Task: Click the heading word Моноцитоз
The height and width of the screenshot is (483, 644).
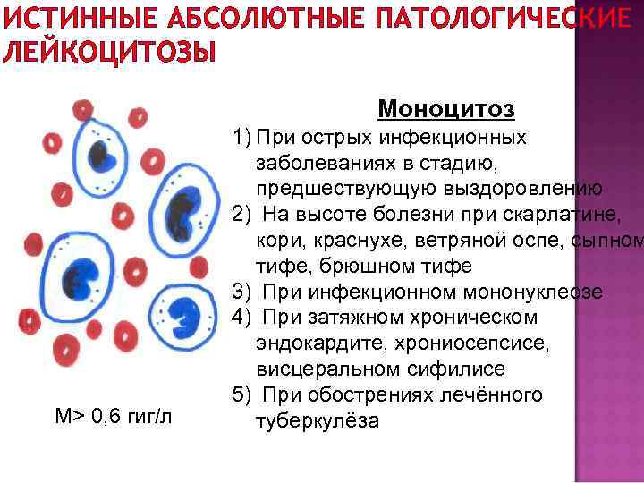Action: (446, 109)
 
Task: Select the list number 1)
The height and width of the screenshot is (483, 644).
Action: (241, 139)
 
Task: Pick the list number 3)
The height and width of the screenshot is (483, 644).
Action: (241, 292)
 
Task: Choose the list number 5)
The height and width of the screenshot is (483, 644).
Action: (241, 395)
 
